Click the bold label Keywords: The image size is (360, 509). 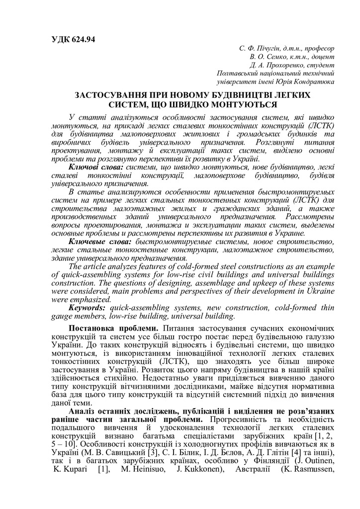(x=88, y=308)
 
